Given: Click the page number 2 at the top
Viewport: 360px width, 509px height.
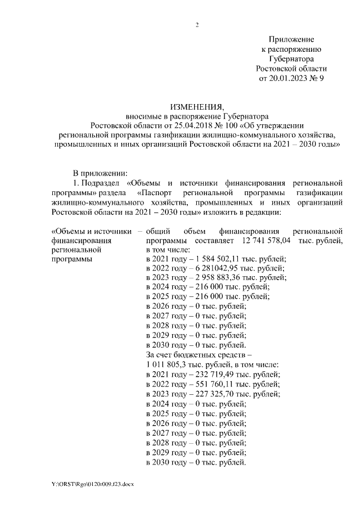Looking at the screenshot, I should pos(197,25).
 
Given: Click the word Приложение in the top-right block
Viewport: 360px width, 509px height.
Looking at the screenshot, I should pos(291,39).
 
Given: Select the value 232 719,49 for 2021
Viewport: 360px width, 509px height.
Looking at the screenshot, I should pos(210,374).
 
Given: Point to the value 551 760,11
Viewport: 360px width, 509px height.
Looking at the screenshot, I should pos(210,384).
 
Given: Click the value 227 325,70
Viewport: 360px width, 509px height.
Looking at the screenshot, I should pos(210,394).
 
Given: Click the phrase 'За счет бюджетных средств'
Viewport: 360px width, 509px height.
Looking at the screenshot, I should pos(195,355).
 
